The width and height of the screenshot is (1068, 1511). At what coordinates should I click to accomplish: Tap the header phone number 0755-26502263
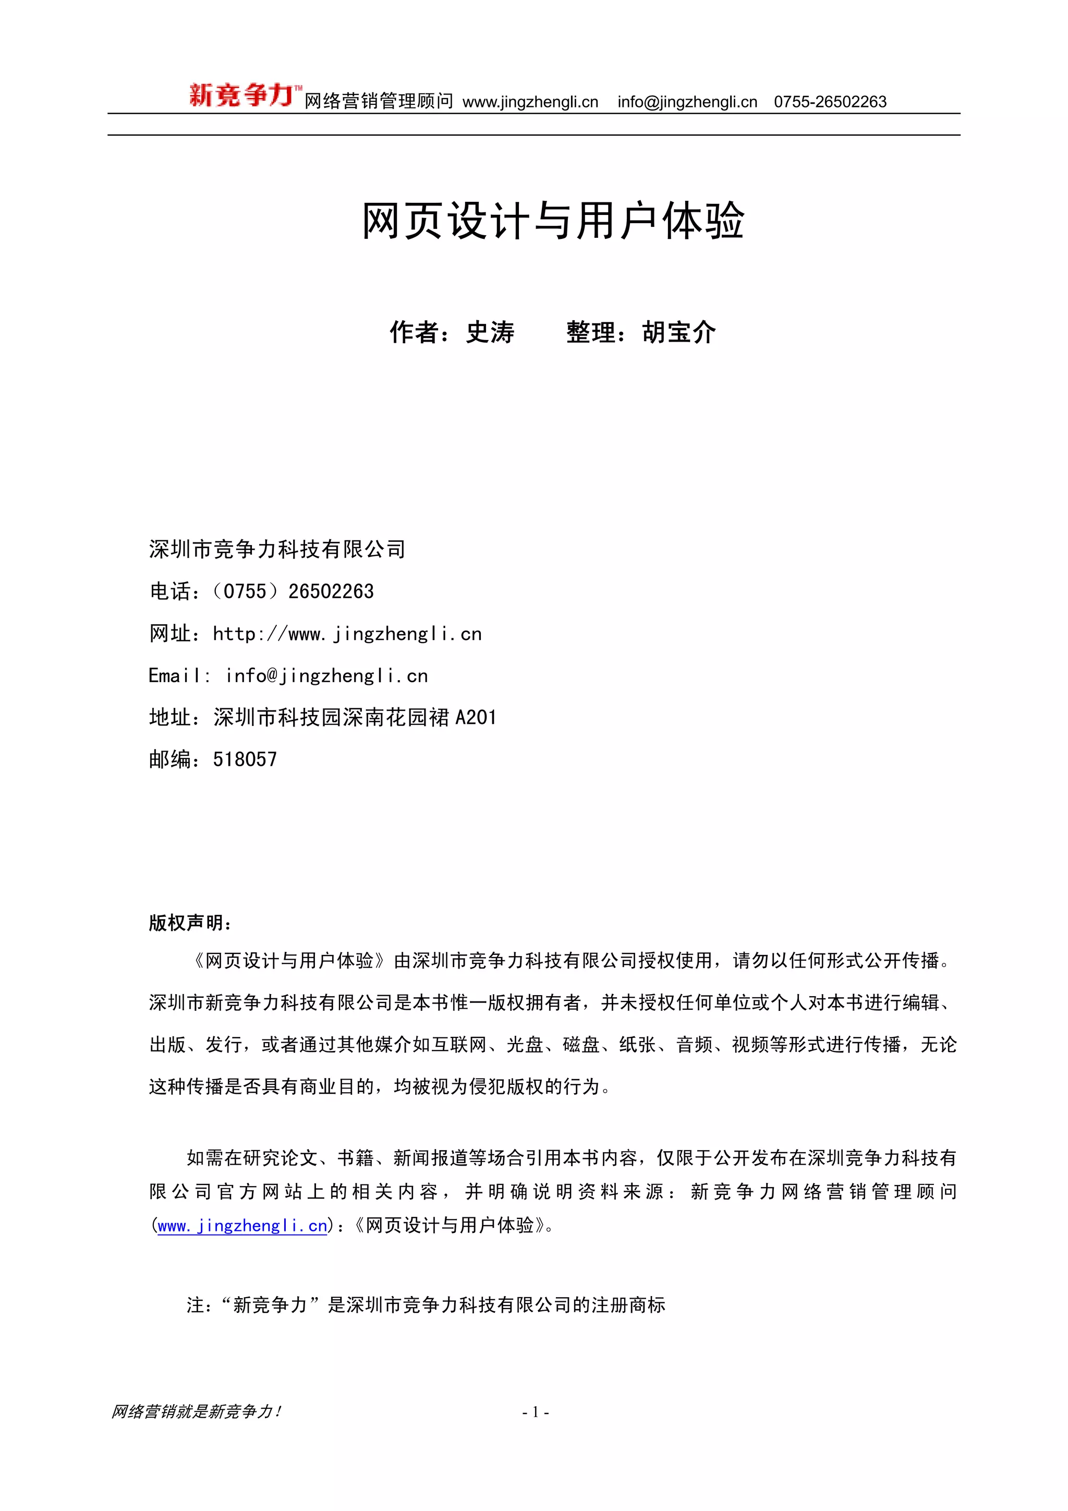pyautogui.click(x=830, y=102)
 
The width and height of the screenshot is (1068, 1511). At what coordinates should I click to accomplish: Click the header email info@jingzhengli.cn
pyautogui.click(x=687, y=102)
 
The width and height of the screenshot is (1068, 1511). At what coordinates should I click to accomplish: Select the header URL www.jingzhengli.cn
pyautogui.click(x=530, y=102)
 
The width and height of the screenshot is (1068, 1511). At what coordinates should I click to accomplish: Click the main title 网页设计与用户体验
pyautogui.click(x=553, y=221)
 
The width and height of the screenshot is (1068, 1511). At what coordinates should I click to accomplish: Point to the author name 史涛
pyautogui.click(x=490, y=332)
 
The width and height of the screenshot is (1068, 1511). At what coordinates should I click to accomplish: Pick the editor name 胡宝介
pyautogui.click(x=678, y=332)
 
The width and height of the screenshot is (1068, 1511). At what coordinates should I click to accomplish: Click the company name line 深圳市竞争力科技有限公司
pyautogui.click(x=277, y=549)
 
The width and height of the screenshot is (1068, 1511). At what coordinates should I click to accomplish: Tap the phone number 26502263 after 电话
pyautogui.click(x=331, y=591)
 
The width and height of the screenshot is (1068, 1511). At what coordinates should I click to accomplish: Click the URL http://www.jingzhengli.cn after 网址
pyautogui.click(x=347, y=634)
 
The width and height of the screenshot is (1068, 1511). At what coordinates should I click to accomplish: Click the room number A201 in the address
pyautogui.click(x=476, y=717)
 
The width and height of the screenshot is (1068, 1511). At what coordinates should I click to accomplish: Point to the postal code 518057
pyautogui.click(x=245, y=759)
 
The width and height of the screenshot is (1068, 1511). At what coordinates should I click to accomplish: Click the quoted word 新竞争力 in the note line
pyautogui.click(x=271, y=1305)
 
